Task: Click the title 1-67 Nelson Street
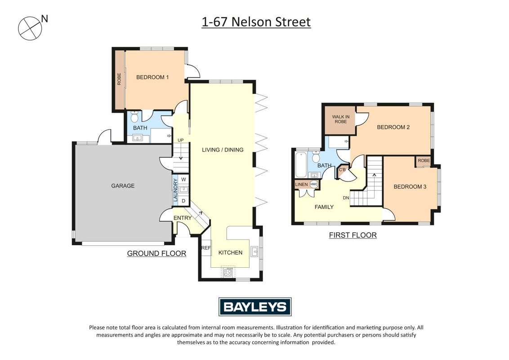coord(256,22)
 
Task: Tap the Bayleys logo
coord(255,307)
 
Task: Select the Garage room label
coord(123,186)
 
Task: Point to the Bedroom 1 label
coord(152,77)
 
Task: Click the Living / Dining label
coord(223,150)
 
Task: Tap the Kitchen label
coord(230,252)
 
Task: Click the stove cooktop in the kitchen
coord(228,272)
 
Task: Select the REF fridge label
coord(206,248)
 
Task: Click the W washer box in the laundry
coord(183,180)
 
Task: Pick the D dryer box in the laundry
coord(183,201)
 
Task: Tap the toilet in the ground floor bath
coord(135,116)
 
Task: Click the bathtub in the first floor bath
coord(301,164)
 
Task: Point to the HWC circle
coord(314,184)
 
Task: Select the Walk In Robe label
coord(341,119)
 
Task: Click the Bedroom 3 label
coord(410,187)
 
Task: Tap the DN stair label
coord(346,198)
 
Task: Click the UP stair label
coord(180,140)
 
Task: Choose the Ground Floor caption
coord(156,253)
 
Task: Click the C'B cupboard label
coord(342,170)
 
